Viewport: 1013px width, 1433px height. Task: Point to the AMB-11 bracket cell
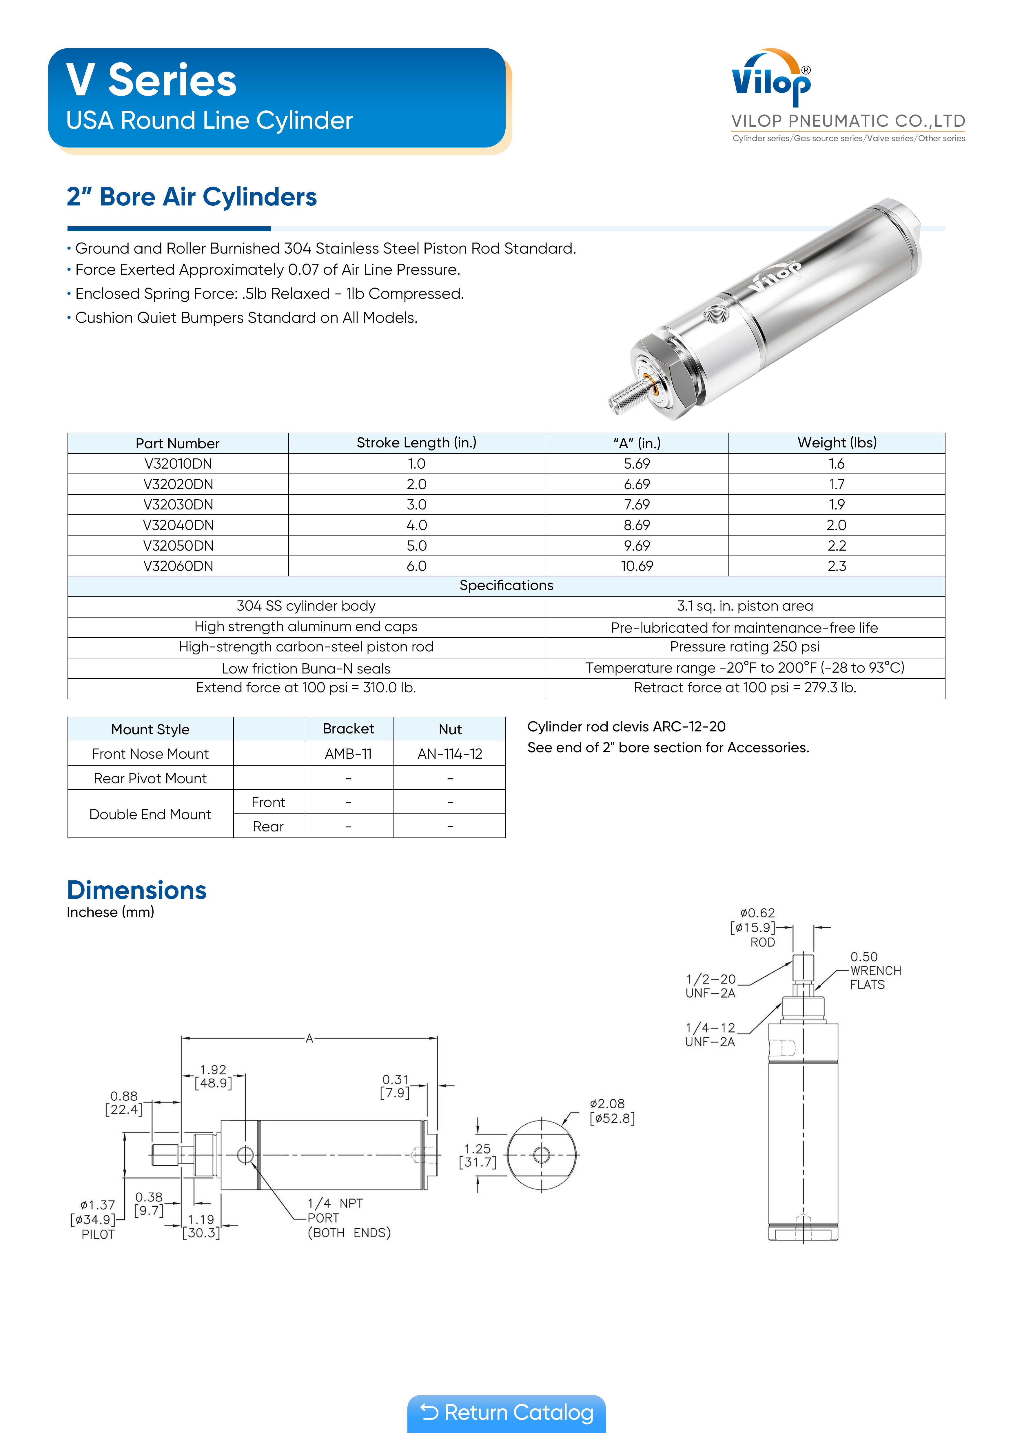click(348, 754)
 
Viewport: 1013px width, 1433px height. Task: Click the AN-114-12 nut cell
click(449, 754)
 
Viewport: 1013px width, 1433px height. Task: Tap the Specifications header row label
click(506, 585)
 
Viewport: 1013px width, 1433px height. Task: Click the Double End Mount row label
click(150, 815)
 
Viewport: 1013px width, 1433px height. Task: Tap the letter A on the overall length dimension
click(309, 1039)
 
